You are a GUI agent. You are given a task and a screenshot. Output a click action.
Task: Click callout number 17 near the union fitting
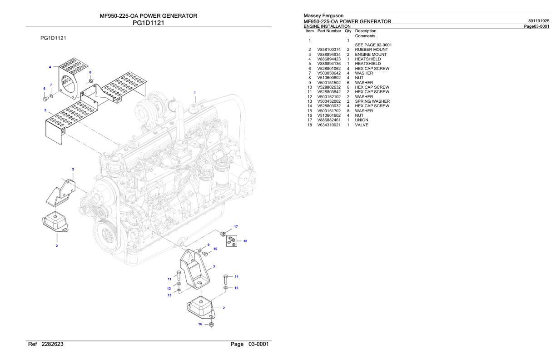[x=236, y=226]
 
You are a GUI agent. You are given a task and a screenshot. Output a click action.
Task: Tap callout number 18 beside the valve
[x=245, y=241]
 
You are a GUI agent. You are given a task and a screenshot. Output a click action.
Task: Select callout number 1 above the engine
[x=195, y=93]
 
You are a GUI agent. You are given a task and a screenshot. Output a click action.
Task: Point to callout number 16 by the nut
[x=200, y=324]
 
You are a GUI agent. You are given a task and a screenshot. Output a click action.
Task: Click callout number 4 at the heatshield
[x=50, y=67]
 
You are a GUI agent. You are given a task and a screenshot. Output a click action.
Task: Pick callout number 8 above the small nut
[x=90, y=72]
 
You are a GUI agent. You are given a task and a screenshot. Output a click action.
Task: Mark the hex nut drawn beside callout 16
[x=211, y=325]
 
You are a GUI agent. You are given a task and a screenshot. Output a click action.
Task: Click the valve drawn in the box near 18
[x=232, y=238]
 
